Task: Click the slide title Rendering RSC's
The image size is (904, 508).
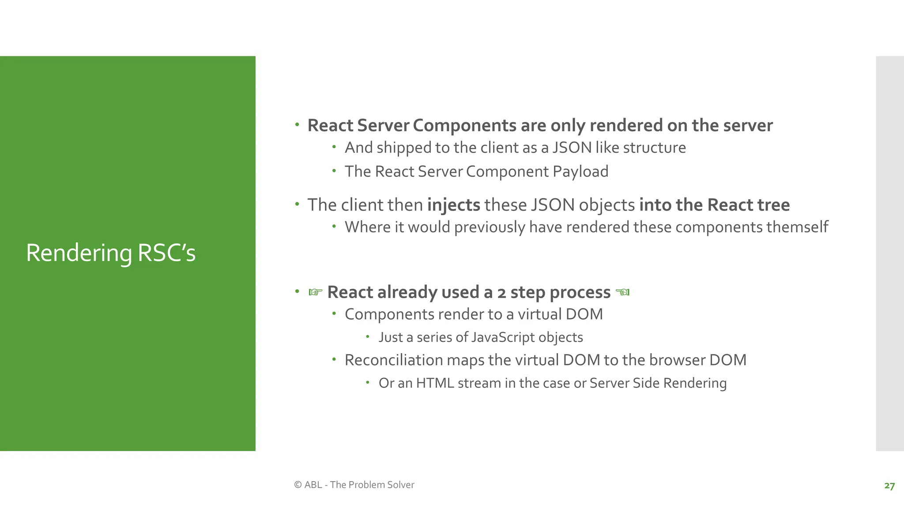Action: point(111,253)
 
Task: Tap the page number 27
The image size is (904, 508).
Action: point(889,486)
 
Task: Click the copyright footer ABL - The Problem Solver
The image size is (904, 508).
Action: point(354,485)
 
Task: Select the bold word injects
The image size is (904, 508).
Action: point(453,205)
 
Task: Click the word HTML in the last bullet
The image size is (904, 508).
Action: point(435,383)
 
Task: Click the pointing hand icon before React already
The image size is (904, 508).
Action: point(315,292)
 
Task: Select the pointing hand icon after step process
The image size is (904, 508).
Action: point(622,292)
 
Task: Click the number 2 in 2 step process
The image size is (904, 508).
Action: point(501,292)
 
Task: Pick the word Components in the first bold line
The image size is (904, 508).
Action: point(464,126)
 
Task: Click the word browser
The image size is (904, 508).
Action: point(677,360)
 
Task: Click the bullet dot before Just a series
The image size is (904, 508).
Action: point(367,337)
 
